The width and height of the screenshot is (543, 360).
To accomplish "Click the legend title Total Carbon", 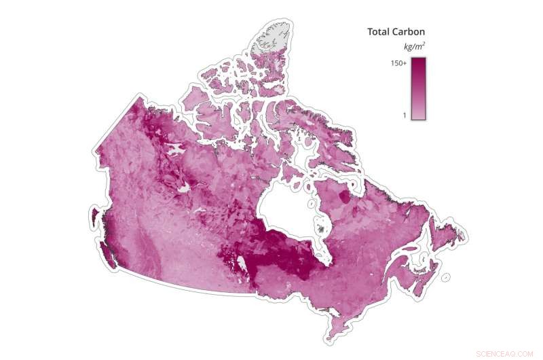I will pyautogui.click(x=396, y=32).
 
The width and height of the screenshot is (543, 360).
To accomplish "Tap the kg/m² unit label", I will pyautogui.click(x=415, y=47).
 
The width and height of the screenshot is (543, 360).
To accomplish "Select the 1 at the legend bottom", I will pyautogui.click(x=404, y=115).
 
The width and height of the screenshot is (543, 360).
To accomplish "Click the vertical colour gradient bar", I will pyautogui.click(x=418, y=88).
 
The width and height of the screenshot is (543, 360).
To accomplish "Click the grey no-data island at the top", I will pyautogui.click(x=271, y=41).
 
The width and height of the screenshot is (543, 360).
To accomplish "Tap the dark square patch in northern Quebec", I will pyautogui.click(x=345, y=197).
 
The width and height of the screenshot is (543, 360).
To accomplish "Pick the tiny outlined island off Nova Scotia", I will pyautogui.click(x=445, y=277).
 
